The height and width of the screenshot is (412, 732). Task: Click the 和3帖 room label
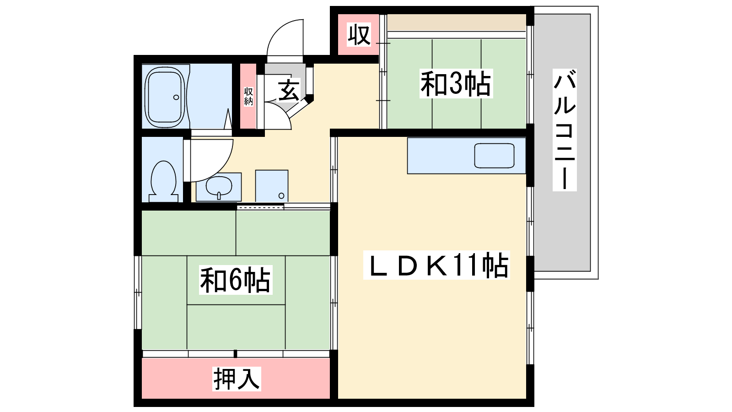pyautogui.click(x=456, y=84)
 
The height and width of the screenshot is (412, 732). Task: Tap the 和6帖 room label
pyautogui.click(x=236, y=280)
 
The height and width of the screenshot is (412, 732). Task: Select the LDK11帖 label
pyautogui.click(x=436, y=265)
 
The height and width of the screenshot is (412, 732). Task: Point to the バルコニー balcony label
pyautogui.click(x=565, y=130)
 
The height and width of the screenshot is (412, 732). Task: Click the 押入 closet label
pyautogui.click(x=237, y=379)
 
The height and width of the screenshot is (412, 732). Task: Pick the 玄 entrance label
pyautogui.click(x=289, y=90)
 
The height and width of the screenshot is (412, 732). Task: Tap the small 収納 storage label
pyautogui.click(x=248, y=97)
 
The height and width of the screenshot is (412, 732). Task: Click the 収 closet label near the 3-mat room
pyautogui.click(x=359, y=35)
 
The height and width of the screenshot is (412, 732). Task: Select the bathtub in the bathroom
pyautogui.click(x=165, y=97)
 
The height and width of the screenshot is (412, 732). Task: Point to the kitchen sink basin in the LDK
pyautogui.click(x=494, y=156)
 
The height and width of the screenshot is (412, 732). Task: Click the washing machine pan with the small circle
pyautogui.click(x=272, y=186)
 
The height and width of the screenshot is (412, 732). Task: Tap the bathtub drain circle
pyautogui.click(x=176, y=97)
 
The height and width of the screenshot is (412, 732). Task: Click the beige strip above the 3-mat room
pyautogui.click(x=457, y=22)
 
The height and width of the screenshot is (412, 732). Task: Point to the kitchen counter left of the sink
pyautogui.click(x=441, y=156)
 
